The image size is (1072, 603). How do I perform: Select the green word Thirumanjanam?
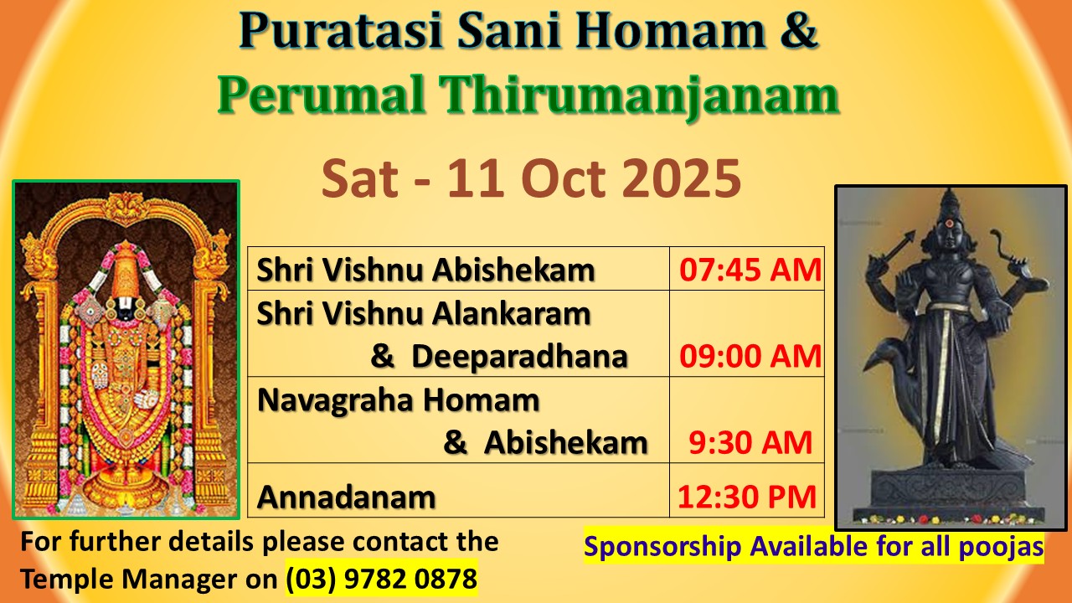pyautogui.click(x=639, y=95)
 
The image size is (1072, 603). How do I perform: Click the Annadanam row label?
pyautogui.click(x=347, y=497)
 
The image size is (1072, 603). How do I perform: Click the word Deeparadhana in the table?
pyautogui.click(x=519, y=357)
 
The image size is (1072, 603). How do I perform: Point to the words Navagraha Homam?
pyautogui.click(x=398, y=400)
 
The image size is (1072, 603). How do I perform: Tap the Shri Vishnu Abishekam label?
pyautogui.click(x=426, y=270)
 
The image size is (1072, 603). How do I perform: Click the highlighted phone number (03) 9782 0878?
pyautogui.click(x=381, y=579)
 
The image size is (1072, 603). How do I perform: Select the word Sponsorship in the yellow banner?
pyautogui.click(x=662, y=547)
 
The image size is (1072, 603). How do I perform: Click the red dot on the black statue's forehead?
pyautogui.click(x=949, y=223)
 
